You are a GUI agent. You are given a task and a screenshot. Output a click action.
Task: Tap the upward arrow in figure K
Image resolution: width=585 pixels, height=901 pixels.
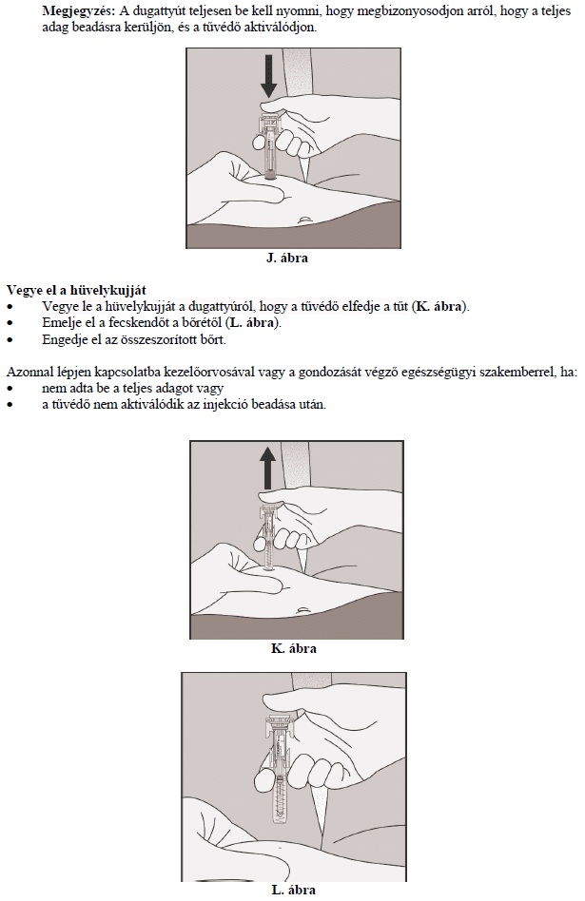point(269,470)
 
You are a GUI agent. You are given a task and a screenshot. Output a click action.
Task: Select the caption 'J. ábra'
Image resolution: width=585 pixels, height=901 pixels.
point(286,258)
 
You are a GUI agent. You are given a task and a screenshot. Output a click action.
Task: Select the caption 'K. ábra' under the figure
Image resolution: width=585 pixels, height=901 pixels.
point(294,649)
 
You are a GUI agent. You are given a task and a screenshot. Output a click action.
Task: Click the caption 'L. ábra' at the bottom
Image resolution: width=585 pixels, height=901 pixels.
point(293,891)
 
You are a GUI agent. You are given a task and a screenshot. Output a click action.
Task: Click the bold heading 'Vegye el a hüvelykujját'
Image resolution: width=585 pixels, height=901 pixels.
point(76,289)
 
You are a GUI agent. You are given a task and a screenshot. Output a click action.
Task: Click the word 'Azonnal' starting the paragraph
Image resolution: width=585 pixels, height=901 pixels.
point(29,372)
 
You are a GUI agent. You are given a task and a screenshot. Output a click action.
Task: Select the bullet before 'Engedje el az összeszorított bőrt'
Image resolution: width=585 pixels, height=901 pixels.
point(10,340)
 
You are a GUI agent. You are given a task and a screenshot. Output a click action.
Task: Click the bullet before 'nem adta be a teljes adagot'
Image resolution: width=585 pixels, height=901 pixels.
point(10,389)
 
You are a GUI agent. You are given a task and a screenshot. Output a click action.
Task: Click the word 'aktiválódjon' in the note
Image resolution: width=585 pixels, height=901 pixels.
point(279,28)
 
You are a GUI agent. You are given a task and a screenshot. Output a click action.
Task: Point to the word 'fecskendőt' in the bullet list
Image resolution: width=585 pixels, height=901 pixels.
point(133,323)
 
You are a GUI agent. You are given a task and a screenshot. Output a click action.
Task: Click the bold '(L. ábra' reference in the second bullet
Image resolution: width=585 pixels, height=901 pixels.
point(248,323)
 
